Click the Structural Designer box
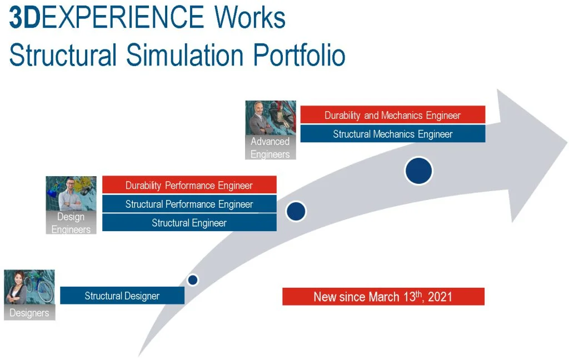122,296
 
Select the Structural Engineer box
189,222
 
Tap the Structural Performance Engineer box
189,203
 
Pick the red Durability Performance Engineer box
189,184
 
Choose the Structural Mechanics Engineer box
393,133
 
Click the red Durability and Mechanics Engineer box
393,114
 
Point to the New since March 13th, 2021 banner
383,297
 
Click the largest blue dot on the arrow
419,171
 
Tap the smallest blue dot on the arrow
193,280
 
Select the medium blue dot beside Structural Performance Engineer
296,211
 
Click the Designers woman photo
29,287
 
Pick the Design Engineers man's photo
71,193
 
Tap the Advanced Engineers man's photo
271,118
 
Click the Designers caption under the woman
29,312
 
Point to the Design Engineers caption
71,222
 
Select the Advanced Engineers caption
271,147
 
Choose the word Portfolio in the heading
299,55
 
